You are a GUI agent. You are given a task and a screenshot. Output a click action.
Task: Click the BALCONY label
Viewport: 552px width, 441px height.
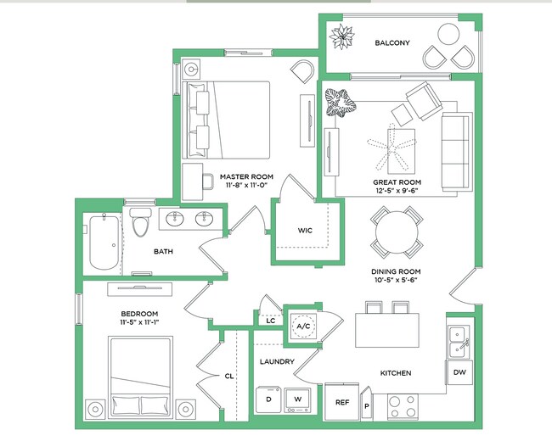[392, 43]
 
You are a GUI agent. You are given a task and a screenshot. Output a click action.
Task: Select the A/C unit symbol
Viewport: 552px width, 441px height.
[302, 325]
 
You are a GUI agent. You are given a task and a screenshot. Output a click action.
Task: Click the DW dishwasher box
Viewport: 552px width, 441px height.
[459, 373]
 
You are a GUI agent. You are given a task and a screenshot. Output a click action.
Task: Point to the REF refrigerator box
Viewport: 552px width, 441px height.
[342, 403]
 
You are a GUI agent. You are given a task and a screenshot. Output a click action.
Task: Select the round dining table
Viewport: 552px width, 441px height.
[397, 232]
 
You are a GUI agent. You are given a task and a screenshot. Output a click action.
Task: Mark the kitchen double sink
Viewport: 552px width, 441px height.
[459, 341]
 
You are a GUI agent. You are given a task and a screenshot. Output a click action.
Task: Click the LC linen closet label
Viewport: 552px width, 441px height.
[270, 321]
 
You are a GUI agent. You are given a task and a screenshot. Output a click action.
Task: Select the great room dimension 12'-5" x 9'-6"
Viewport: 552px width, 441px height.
[397, 191]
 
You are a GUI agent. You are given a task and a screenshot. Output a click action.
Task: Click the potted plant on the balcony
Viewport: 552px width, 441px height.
[344, 37]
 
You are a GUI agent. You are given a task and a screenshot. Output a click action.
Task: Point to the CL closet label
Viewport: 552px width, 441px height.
[229, 376]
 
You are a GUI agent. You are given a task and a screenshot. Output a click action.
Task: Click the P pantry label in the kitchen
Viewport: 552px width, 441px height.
[368, 406]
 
